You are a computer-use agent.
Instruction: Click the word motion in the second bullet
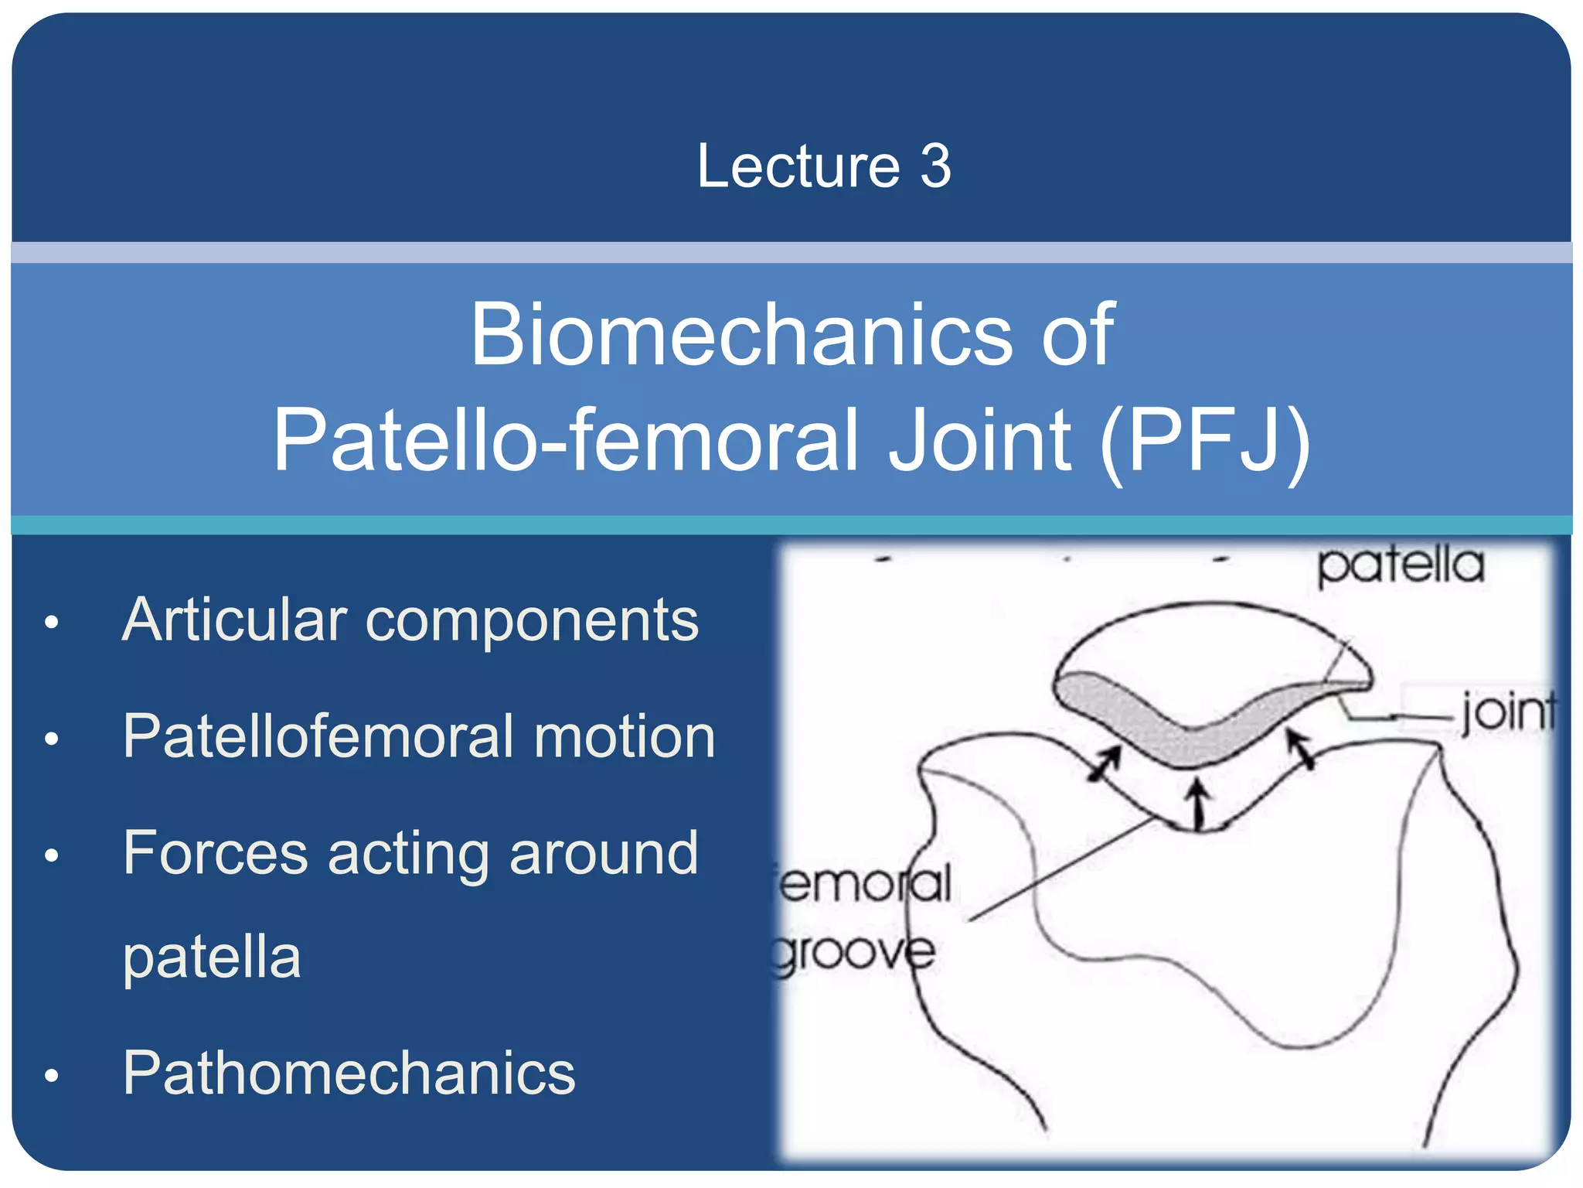(x=625, y=736)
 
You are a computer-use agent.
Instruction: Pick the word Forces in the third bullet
(x=216, y=852)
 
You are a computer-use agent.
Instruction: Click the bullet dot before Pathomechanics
(x=52, y=1075)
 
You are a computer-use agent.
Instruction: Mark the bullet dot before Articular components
(x=52, y=622)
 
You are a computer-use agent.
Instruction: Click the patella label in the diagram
(x=1401, y=565)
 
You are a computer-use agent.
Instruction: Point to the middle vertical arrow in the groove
(x=1198, y=804)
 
